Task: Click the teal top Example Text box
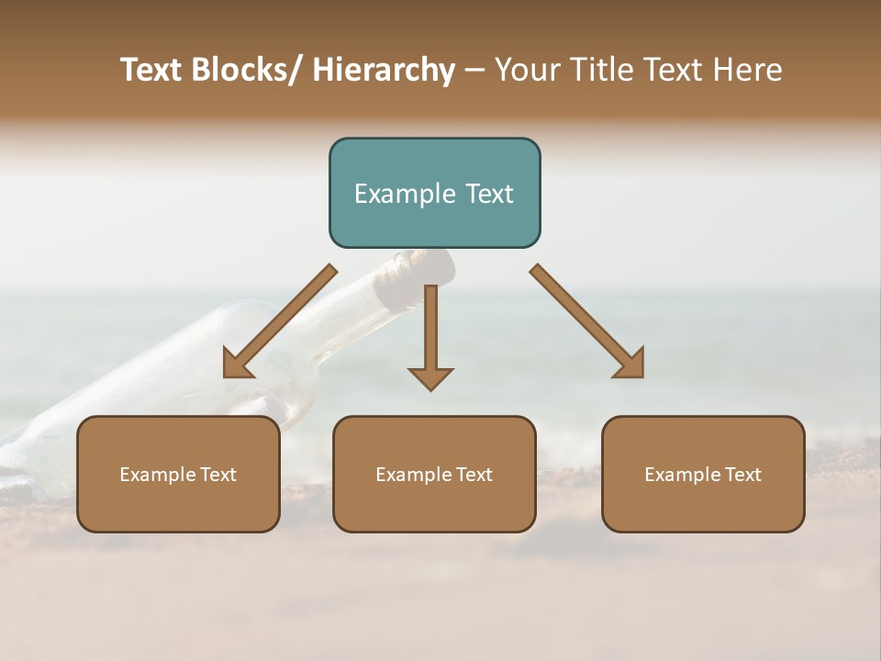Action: [x=434, y=193]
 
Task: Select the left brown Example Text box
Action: [x=178, y=474]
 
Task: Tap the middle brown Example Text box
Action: [x=434, y=474]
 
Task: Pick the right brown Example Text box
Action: [x=703, y=474]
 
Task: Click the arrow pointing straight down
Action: [x=430, y=335]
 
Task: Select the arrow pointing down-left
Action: [x=280, y=321]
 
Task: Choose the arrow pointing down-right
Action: [x=587, y=321]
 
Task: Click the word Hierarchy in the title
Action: [x=384, y=70]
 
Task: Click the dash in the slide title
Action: [x=474, y=71]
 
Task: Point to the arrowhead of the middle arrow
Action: [x=430, y=377]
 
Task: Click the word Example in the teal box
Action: [x=402, y=194]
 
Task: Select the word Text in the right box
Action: [x=742, y=475]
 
